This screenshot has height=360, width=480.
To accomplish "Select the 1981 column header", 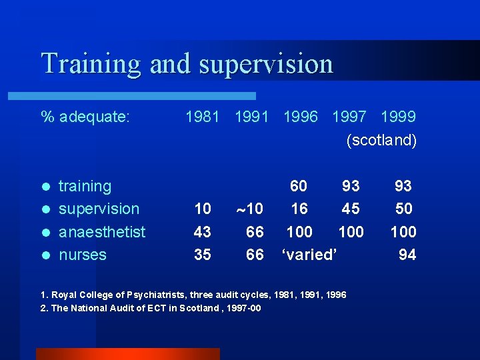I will pos(203,117).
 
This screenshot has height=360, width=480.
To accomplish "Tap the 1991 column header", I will pos(251,117).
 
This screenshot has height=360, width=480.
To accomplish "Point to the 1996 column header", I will pos(301,117).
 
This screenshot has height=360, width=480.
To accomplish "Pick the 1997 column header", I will pos(349,117).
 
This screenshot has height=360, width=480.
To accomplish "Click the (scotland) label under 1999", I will pos(381,141).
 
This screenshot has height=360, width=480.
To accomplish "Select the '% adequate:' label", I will pos(85,117).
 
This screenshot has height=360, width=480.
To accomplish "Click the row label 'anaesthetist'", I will pos(102,232).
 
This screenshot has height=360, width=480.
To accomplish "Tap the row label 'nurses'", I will pos(83,255).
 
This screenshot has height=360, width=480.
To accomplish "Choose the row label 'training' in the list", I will pos(85,186).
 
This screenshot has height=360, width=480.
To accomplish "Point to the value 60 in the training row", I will pos(299,186).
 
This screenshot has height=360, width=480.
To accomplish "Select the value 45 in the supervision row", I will pos(351,209).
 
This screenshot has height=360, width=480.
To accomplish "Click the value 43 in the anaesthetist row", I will pos(202,232).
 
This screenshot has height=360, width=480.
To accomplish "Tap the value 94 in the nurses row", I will pos(407,255).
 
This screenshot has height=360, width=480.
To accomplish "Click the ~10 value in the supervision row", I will pos(250,209).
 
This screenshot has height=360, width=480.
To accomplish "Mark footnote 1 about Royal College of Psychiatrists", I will pos(193,294).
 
